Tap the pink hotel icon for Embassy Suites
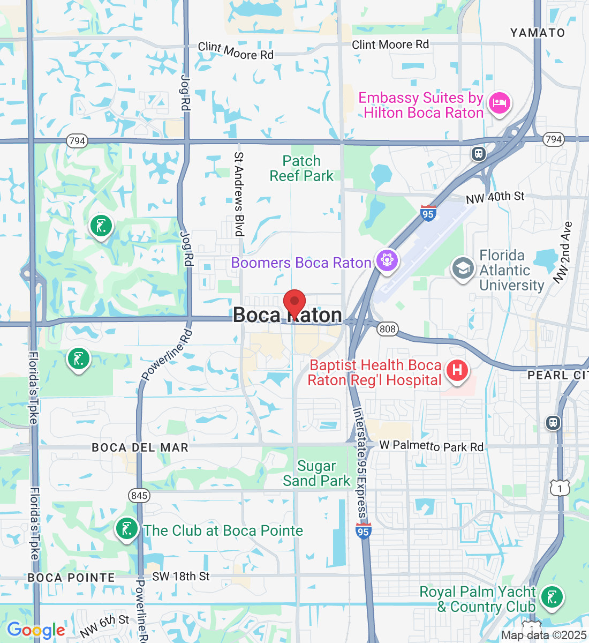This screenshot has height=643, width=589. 499,103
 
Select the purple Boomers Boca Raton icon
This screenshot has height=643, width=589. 387,261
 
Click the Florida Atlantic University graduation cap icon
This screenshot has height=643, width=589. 463,268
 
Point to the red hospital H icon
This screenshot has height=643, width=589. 457,370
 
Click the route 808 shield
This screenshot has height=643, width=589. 387,328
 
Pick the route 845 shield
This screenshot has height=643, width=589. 139,496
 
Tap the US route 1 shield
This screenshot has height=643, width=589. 560,488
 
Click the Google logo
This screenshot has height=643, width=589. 36,630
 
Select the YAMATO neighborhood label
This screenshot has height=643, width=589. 537,33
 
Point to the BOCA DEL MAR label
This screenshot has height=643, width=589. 140,447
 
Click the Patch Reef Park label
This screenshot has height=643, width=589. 301,168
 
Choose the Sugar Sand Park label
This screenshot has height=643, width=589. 316,474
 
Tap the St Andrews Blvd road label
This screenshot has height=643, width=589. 239,194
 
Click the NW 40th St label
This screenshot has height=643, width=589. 495,197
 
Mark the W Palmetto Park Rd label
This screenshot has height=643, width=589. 431,446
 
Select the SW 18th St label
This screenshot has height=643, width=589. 181,577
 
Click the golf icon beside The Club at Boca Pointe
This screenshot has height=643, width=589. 127,529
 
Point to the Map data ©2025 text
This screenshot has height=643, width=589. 543,635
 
